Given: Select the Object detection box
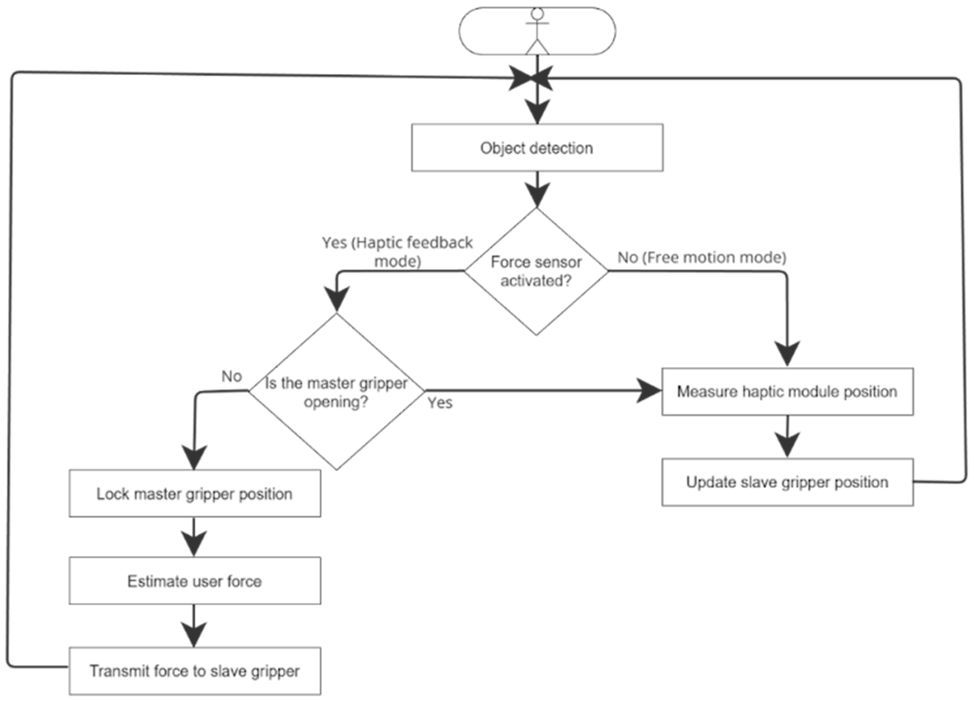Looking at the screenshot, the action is (537, 148).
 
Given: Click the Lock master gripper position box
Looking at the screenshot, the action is (195, 493).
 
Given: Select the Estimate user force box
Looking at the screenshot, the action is (195, 581).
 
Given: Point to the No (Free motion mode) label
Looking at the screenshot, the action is (702, 258).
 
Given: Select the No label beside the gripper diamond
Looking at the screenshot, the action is (232, 376).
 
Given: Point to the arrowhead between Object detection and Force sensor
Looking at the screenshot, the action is (537, 196).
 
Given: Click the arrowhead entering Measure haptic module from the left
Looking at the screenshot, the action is (649, 391).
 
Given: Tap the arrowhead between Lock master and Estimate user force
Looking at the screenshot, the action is (194, 544).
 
